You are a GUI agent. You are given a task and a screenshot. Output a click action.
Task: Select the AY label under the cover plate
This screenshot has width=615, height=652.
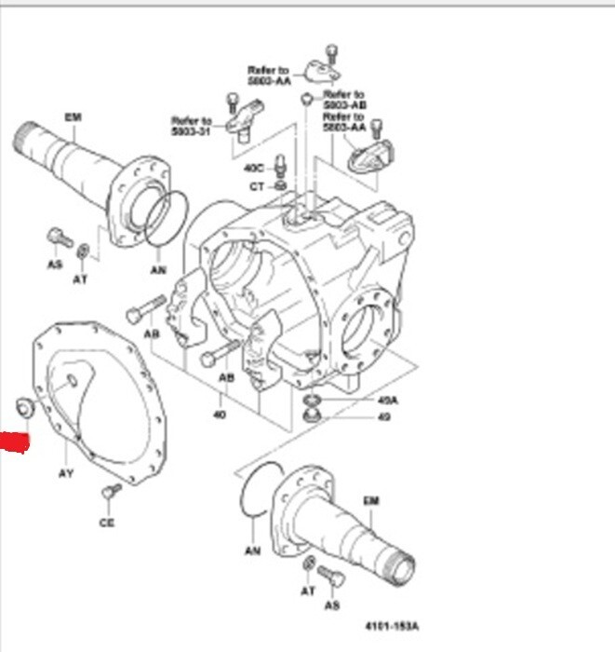66,473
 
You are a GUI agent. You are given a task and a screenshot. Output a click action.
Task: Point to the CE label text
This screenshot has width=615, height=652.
107,523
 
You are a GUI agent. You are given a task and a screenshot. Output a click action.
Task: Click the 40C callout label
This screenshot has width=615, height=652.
254,168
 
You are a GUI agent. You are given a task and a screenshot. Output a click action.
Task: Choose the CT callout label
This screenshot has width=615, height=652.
257,186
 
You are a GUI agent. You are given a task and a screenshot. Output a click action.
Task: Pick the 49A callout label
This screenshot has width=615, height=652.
387,401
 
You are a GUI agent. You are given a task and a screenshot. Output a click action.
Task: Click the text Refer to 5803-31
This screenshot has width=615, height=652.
192,126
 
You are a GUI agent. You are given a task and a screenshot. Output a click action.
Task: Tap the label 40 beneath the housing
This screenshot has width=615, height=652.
219,414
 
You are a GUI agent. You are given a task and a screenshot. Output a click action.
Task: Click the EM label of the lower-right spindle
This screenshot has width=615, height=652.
371,501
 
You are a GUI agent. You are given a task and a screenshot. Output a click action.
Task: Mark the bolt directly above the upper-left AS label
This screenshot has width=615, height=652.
58,238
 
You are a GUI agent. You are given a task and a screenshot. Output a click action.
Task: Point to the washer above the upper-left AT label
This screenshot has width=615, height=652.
83,250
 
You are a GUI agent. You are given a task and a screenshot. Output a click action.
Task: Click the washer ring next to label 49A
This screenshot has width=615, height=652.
313,401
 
